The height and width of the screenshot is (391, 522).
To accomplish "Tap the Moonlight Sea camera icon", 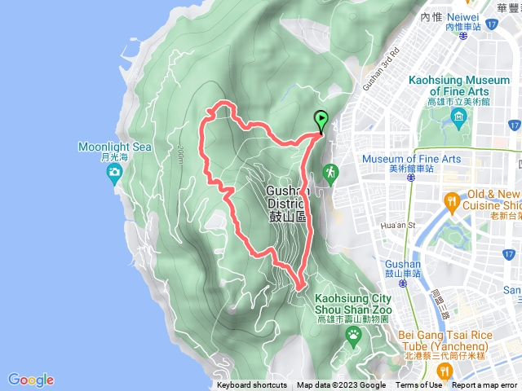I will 114,172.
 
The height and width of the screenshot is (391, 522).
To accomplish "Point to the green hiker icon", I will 331,173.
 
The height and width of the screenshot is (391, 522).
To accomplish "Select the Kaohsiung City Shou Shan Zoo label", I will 353,305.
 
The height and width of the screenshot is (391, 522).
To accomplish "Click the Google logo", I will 31,380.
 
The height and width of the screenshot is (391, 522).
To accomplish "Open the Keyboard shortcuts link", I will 252,385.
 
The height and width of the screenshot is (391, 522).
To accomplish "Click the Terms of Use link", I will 419,385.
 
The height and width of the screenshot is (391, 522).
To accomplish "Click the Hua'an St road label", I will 399,225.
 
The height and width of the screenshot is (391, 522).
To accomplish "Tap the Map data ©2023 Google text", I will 341,385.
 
